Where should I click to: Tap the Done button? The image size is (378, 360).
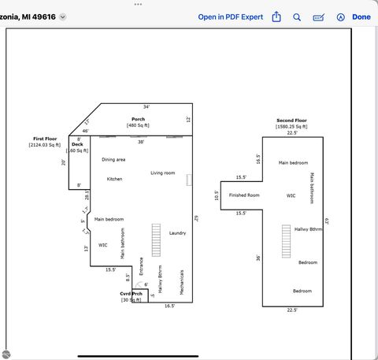(x=361, y=17)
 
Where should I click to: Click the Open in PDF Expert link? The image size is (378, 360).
(x=230, y=17)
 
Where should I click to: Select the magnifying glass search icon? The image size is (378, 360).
(x=297, y=17)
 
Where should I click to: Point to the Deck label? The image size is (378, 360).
(x=77, y=144)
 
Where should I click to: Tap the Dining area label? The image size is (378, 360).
(x=113, y=159)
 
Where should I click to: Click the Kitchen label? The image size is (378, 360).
(x=114, y=179)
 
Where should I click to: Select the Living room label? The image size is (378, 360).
(x=162, y=173)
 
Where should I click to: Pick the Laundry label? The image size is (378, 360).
(x=177, y=233)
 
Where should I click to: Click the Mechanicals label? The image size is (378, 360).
(x=182, y=282)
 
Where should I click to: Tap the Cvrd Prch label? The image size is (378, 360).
(x=131, y=294)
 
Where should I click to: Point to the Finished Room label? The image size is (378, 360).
(x=243, y=195)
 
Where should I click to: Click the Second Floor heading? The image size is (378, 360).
(x=291, y=121)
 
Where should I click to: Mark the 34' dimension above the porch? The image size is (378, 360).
(x=146, y=106)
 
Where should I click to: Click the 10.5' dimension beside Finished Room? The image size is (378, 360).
(x=217, y=195)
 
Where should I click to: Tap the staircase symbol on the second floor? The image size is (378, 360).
(x=287, y=241)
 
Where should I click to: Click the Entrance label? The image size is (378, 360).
(x=142, y=266)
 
